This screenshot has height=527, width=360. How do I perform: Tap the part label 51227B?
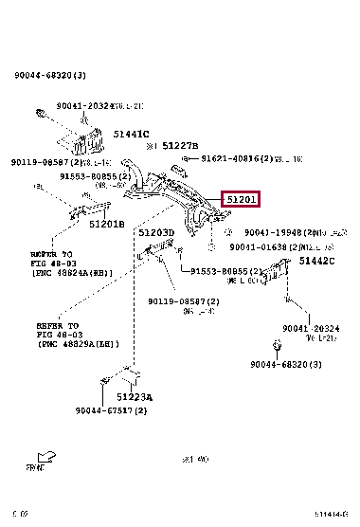pos(177,147)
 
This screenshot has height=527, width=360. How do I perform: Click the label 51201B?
pos(106,224)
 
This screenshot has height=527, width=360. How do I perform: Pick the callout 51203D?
pos(155,233)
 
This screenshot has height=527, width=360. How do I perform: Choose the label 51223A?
pos(135,396)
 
